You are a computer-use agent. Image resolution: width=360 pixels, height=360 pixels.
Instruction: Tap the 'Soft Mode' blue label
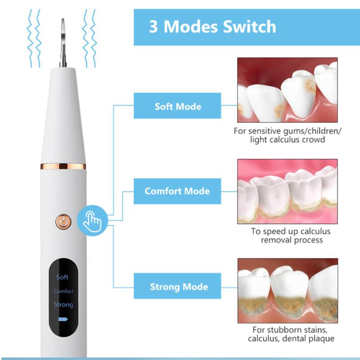click(177, 106)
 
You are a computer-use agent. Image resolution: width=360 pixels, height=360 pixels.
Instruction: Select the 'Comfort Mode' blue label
click(177, 191)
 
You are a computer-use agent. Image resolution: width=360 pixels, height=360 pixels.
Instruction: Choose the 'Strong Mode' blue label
click(179, 287)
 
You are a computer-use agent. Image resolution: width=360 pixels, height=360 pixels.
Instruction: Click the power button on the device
click(63, 221)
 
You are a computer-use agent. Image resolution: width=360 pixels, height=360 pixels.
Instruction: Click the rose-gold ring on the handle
click(63, 166)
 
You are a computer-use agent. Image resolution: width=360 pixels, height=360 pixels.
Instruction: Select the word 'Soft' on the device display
click(63, 277)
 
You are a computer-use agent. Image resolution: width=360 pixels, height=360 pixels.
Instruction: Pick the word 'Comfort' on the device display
click(63, 291)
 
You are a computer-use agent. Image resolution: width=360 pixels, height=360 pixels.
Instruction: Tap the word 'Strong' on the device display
click(63, 305)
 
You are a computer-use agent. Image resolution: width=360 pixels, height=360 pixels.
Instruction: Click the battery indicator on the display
click(63, 320)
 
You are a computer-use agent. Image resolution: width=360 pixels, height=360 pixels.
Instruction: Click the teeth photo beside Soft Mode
click(287, 90)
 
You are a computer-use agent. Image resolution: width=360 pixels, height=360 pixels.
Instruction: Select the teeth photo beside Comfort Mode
click(287, 191)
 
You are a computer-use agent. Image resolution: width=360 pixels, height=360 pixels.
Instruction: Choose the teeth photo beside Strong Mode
click(287, 290)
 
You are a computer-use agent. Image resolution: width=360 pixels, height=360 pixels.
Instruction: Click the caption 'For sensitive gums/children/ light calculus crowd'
click(287, 135)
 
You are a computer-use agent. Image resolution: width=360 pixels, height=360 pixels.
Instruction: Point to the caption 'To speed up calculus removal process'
click(290, 235)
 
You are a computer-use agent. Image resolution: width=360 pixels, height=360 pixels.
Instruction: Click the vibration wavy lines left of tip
click(35, 38)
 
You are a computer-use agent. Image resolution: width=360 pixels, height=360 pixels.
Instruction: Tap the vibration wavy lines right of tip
click(90, 38)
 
